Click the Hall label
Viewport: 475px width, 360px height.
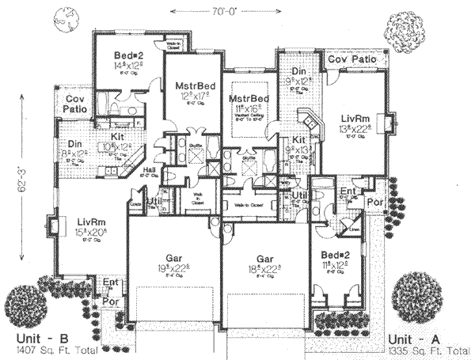(x=149, y=170)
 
